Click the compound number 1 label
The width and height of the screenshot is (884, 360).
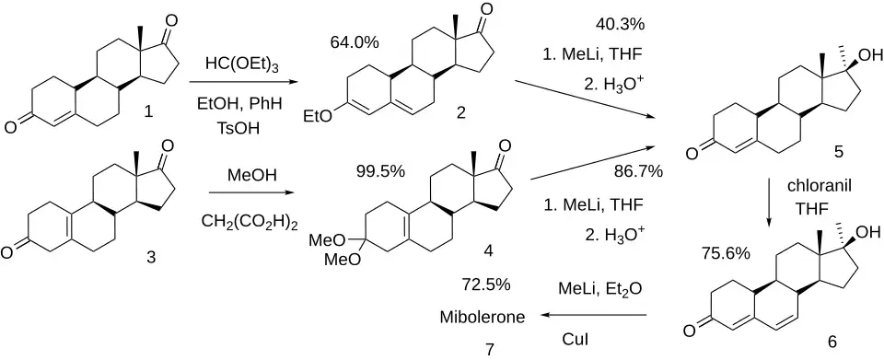(x=149, y=112)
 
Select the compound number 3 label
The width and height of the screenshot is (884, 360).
(x=150, y=257)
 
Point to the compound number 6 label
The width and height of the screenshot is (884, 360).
(x=832, y=342)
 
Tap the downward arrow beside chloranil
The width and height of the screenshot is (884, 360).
(x=770, y=204)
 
